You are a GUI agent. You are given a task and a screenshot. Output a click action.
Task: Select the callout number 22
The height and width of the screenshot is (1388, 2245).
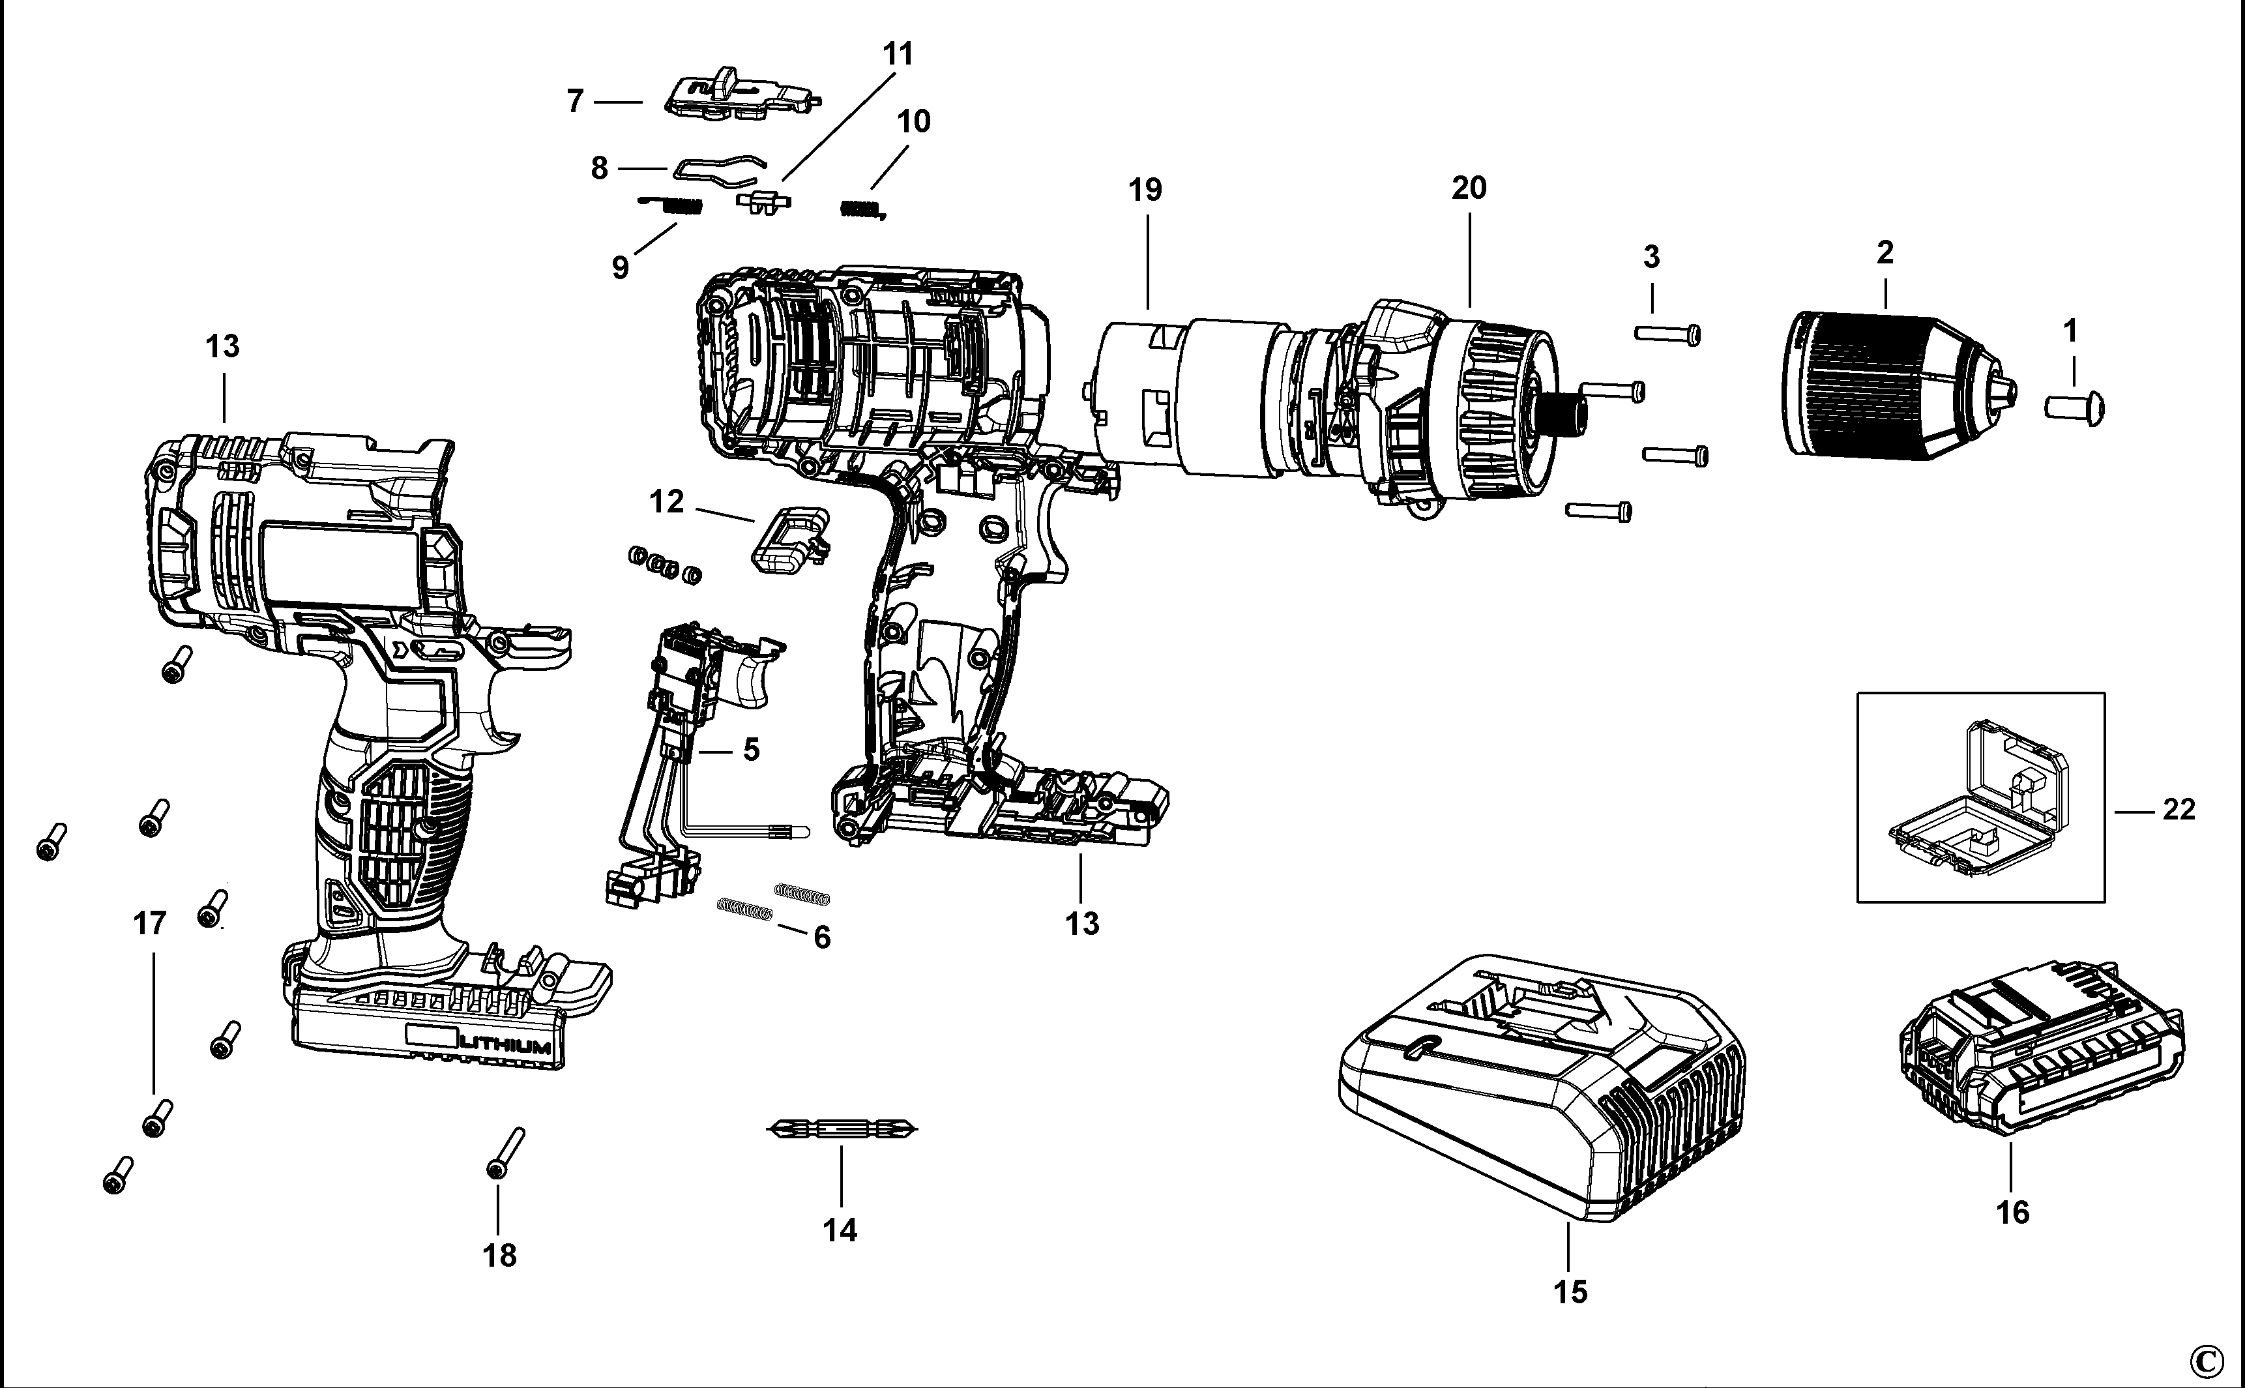click(2178, 810)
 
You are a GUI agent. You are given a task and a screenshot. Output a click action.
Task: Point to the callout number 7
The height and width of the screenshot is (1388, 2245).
click(576, 101)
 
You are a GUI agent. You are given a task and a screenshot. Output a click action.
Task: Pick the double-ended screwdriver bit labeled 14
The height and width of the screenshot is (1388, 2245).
click(841, 1129)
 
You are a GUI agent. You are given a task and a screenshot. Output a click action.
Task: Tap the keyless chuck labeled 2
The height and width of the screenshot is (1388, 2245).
click(1891, 385)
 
